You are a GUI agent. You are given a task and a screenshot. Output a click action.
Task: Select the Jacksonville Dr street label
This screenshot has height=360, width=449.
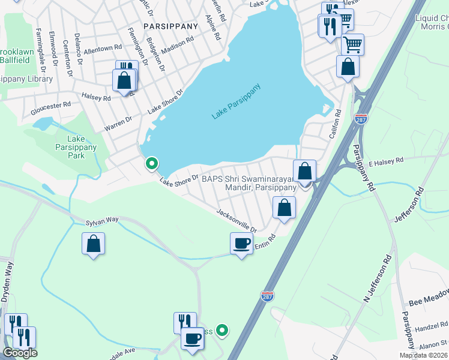coord(237,221)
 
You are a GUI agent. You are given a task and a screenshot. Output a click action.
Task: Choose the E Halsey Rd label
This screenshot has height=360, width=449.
coord(387,161)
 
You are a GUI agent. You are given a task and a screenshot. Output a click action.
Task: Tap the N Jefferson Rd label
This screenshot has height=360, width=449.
coord(377,279)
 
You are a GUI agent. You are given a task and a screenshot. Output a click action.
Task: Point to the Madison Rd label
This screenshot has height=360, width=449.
coord(176,46)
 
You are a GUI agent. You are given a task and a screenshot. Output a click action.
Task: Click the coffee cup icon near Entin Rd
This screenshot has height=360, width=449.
coord(241,244)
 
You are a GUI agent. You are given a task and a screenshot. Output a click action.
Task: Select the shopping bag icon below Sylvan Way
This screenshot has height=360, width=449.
coord(93,243)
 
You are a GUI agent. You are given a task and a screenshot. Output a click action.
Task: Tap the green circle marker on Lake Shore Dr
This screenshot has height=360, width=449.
coord(152,163)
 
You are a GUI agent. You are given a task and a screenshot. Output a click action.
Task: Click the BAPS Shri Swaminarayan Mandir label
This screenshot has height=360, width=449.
coord(249,183)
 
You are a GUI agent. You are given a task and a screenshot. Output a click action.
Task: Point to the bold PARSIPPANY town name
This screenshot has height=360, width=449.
coord(170,26)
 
